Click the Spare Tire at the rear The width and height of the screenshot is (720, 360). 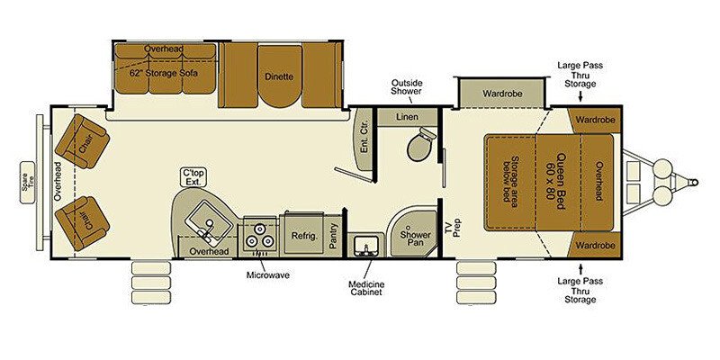pos(28,183)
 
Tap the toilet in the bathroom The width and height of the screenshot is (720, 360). pos(419,143)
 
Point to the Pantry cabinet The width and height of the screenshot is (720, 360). pos(335,236)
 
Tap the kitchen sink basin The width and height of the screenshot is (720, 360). pos(209,223)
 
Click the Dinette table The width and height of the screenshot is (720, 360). pos(280,76)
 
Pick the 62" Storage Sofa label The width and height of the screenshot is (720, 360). pos(163,73)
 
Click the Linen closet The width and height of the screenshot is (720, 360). pos(407,117)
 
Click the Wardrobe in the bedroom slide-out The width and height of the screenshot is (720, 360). pos(502,94)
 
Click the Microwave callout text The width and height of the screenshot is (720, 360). pos(267,275)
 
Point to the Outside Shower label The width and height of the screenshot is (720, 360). pos(407,86)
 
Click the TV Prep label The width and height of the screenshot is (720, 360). pos(453,227)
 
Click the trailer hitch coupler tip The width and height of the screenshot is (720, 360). pos(696,183)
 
